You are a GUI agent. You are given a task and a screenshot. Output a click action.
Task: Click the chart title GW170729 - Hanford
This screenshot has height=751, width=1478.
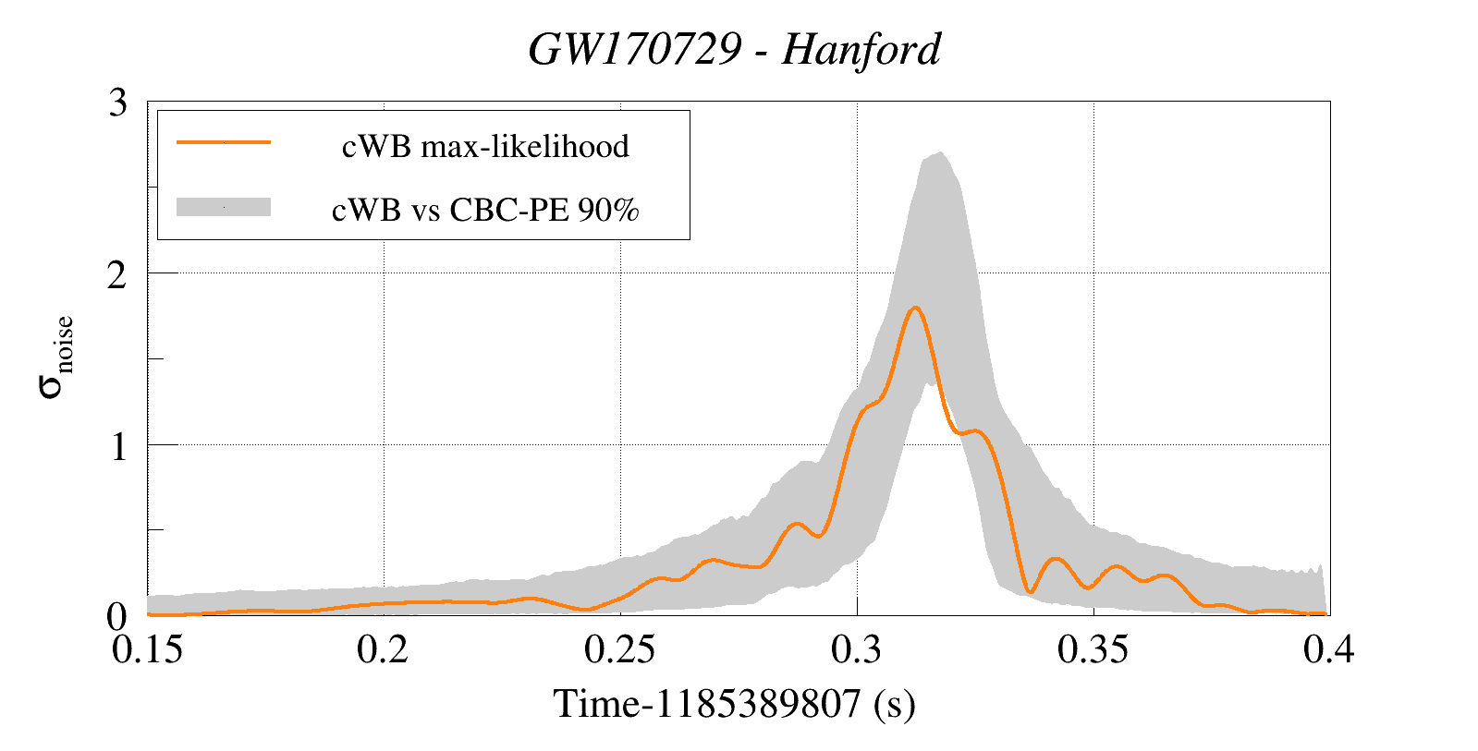pyautogui.click(x=735, y=50)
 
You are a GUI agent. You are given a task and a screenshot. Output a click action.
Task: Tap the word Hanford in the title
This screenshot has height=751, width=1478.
pyautogui.click(x=861, y=50)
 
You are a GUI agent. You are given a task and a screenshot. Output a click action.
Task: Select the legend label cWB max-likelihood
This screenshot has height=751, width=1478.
pyautogui.click(x=485, y=146)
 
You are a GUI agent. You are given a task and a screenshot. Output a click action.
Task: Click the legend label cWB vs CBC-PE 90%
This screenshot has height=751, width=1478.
pyautogui.click(x=485, y=210)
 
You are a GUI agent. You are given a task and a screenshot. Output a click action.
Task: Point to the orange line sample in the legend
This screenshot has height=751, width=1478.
pyautogui.click(x=224, y=141)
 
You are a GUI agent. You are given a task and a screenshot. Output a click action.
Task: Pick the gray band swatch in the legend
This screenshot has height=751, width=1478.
pyautogui.click(x=224, y=207)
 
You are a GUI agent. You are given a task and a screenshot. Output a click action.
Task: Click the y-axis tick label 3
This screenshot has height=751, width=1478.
pyautogui.click(x=117, y=103)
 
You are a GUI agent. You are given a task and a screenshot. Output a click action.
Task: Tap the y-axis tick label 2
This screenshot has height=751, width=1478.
pyautogui.click(x=117, y=275)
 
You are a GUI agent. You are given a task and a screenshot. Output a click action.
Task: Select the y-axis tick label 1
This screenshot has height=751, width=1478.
pyautogui.click(x=118, y=446)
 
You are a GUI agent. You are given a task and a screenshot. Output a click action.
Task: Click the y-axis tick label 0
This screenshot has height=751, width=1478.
pyautogui.click(x=116, y=617)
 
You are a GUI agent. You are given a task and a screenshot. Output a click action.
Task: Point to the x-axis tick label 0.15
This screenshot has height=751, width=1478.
pyautogui.click(x=147, y=649)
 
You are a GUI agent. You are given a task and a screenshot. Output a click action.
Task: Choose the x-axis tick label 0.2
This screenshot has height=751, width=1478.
pyautogui.click(x=384, y=649)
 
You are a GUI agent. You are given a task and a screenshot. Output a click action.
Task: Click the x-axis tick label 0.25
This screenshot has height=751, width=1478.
pyautogui.click(x=619, y=649)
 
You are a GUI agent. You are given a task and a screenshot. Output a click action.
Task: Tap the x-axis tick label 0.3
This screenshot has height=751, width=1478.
pyautogui.click(x=857, y=649)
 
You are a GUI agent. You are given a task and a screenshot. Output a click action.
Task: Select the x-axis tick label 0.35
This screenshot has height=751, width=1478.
pyautogui.click(x=1093, y=649)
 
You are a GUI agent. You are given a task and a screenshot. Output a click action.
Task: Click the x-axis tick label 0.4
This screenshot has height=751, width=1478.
pyautogui.click(x=1329, y=649)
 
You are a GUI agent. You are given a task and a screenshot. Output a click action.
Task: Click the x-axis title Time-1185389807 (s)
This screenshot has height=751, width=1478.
pyautogui.click(x=734, y=704)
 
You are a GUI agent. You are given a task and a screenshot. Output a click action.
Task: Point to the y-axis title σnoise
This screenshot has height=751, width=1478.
pyautogui.click(x=56, y=356)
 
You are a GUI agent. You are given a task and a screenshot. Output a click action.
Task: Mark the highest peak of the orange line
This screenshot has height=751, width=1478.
pyautogui.click(x=915, y=308)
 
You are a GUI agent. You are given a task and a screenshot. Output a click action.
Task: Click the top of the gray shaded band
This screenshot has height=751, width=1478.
pyautogui.click(x=940, y=152)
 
